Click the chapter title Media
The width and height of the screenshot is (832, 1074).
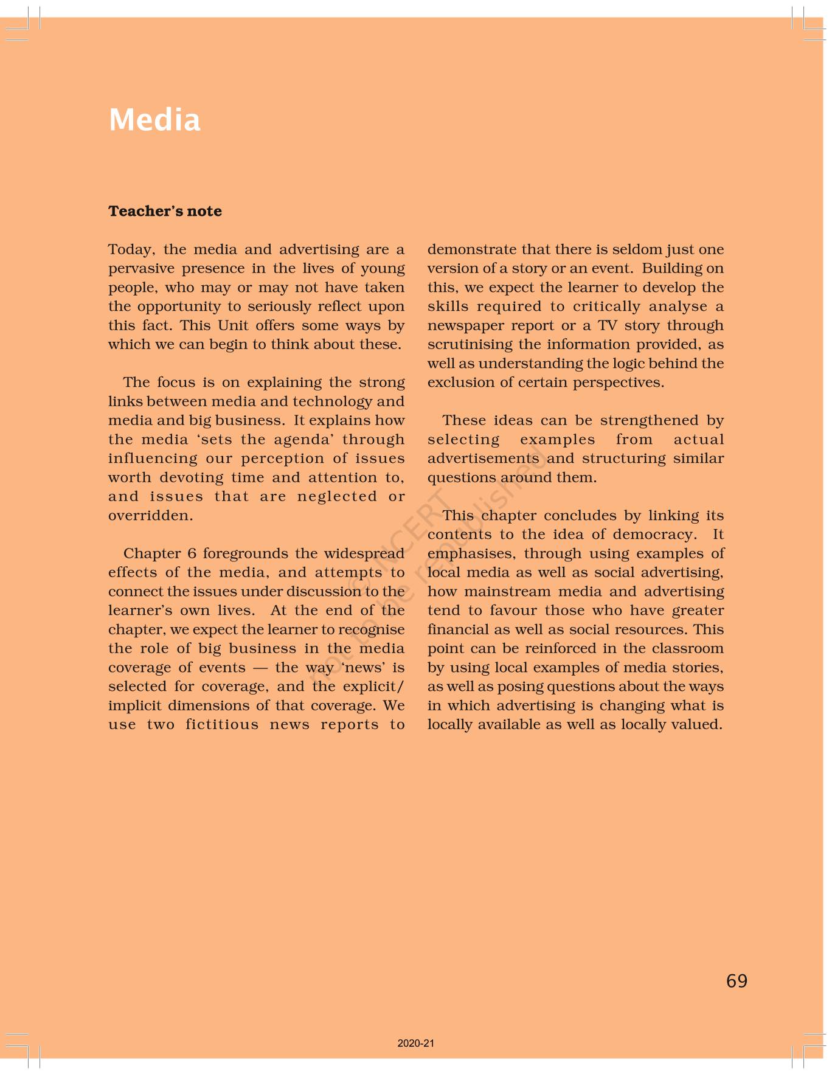point(154,120)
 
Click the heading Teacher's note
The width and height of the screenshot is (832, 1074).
point(165,211)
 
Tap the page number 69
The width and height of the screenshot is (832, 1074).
point(737,980)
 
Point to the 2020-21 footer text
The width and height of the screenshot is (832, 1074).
point(416,1043)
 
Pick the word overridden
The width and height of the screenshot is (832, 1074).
point(150,516)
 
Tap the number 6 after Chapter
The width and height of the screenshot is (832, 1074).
point(192,553)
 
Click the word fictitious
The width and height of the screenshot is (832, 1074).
point(222,724)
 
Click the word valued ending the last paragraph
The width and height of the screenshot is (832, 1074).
point(700,724)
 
